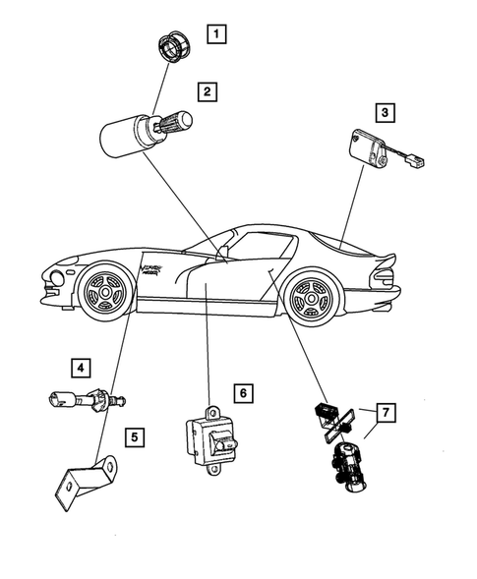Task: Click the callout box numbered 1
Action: [x=214, y=32]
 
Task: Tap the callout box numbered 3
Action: [x=385, y=113]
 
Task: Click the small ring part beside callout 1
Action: [x=174, y=47]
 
